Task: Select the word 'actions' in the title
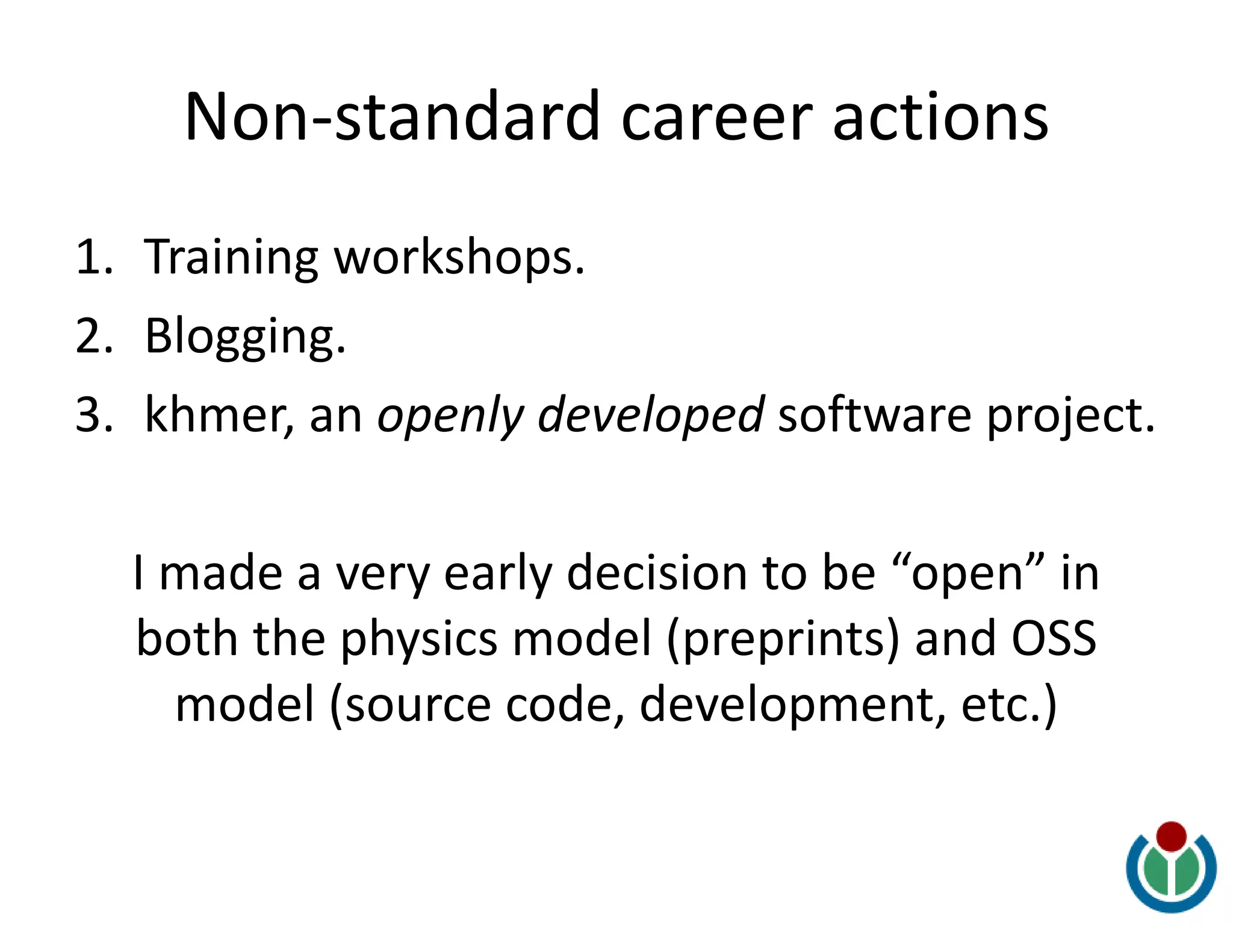(x=940, y=118)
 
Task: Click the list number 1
(x=93, y=257)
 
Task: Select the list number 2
(x=93, y=336)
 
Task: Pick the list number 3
(x=93, y=416)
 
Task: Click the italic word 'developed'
(x=650, y=416)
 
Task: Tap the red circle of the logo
(x=1171, y=836)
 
